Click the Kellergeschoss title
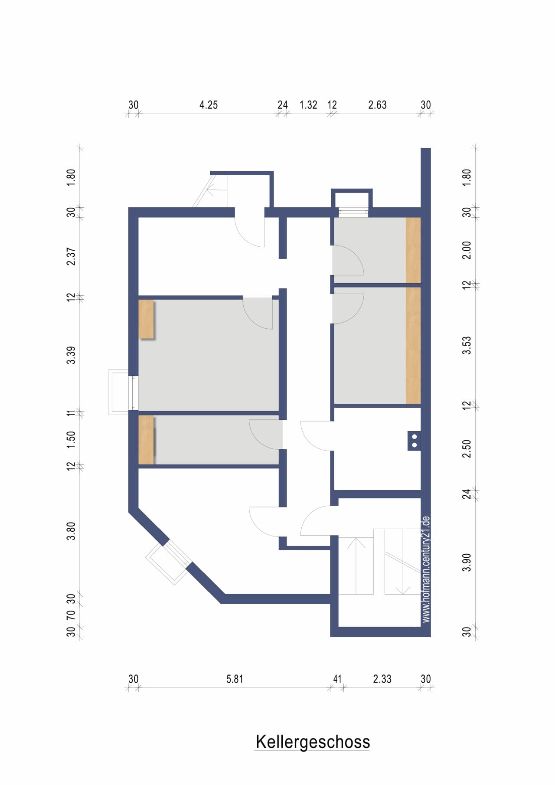pos(313,742)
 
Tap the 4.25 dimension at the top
pos(209,105)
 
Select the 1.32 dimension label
pos(308,105)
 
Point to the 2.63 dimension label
pos(377,105)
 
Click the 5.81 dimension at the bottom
pos(235,679)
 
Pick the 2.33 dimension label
pos(382,679)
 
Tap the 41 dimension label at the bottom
pos(337,679)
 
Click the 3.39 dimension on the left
pos(71,355)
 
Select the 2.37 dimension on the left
pos(71,257)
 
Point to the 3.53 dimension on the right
pos(467,346)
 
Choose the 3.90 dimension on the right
pos(467,563)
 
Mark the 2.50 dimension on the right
pos(467,448)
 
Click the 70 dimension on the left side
pos(71,615)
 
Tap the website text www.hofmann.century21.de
pos(426,569)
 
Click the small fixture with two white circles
pos(414,441)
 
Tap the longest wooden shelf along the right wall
pos(413,346)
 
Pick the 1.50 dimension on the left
pos(71,439)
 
